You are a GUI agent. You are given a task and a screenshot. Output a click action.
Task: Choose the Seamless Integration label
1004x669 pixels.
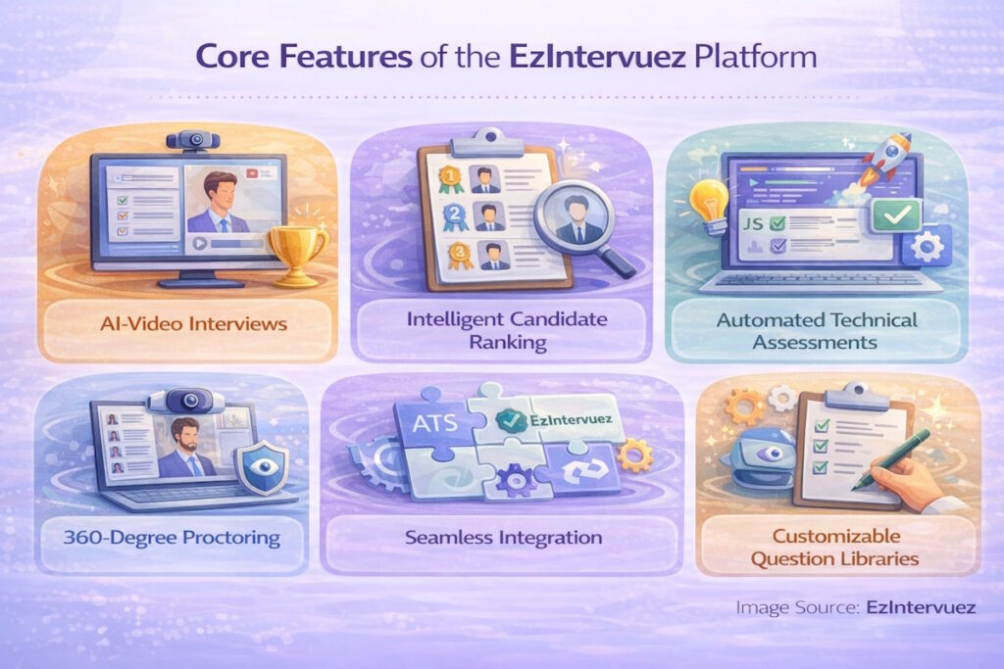502,538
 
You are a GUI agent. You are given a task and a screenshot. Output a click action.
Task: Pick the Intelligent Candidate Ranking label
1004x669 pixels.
502,332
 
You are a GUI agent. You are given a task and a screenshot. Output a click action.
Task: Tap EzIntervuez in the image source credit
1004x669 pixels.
921,607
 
